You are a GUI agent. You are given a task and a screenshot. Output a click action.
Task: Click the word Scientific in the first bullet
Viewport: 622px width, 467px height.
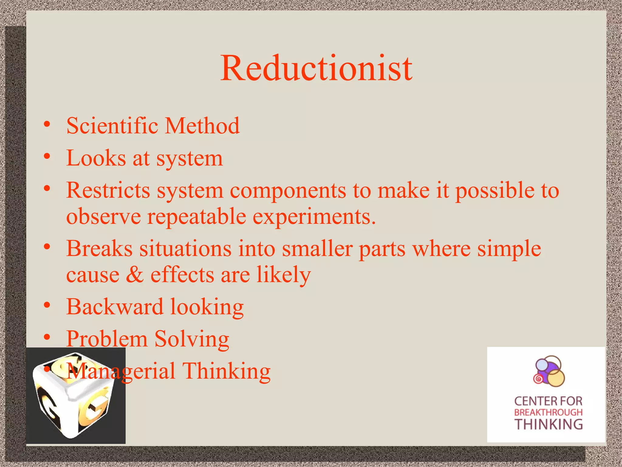point(112,126)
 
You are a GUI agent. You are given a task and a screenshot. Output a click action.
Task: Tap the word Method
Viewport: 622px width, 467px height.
point(202,126)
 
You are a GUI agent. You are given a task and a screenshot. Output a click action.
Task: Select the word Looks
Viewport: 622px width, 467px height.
point(96,158)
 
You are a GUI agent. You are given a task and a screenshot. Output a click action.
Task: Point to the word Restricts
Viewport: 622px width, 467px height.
point(108,190)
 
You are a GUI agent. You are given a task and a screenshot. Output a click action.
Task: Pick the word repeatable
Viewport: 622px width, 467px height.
point(197,217)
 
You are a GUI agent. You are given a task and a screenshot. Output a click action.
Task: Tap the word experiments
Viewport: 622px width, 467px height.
point(314,217)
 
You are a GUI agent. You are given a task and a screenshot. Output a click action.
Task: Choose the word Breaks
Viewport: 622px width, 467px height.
point(99,248)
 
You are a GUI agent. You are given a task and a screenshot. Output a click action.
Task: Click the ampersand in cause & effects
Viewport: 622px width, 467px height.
point(135,275)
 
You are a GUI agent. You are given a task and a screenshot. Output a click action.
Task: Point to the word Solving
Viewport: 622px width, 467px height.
point(192,339)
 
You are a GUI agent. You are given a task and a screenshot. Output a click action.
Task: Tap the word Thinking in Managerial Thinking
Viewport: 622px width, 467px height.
point(226,371)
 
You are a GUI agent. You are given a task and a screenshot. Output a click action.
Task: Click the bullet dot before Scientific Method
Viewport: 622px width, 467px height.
point(47,124)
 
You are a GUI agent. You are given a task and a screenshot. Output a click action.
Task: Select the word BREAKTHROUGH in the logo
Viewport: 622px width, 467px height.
point(548,413)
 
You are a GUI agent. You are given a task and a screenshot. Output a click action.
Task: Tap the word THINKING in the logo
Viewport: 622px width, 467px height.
point(548,424)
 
